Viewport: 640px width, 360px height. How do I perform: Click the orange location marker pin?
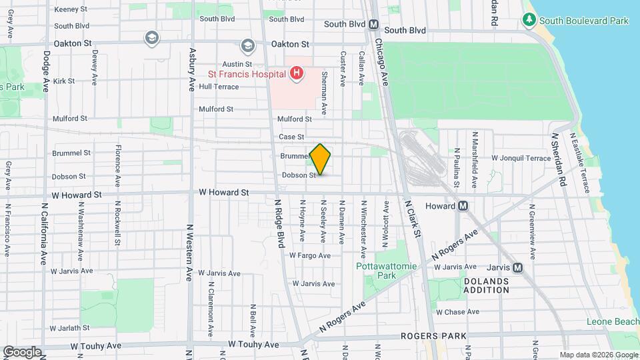point(321,159)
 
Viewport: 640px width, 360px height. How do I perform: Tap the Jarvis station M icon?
point(519,268)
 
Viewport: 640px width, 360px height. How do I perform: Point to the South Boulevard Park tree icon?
point(529,21)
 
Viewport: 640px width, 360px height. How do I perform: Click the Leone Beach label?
point(613,322)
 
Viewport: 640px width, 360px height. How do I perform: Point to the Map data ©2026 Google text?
point(597,354)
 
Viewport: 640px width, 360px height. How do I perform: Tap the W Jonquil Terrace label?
point(521,158)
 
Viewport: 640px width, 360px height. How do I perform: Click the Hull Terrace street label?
point(219,87)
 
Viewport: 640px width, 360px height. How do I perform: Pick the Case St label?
point(291,137)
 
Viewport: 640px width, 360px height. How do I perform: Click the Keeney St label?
point(71,9)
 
